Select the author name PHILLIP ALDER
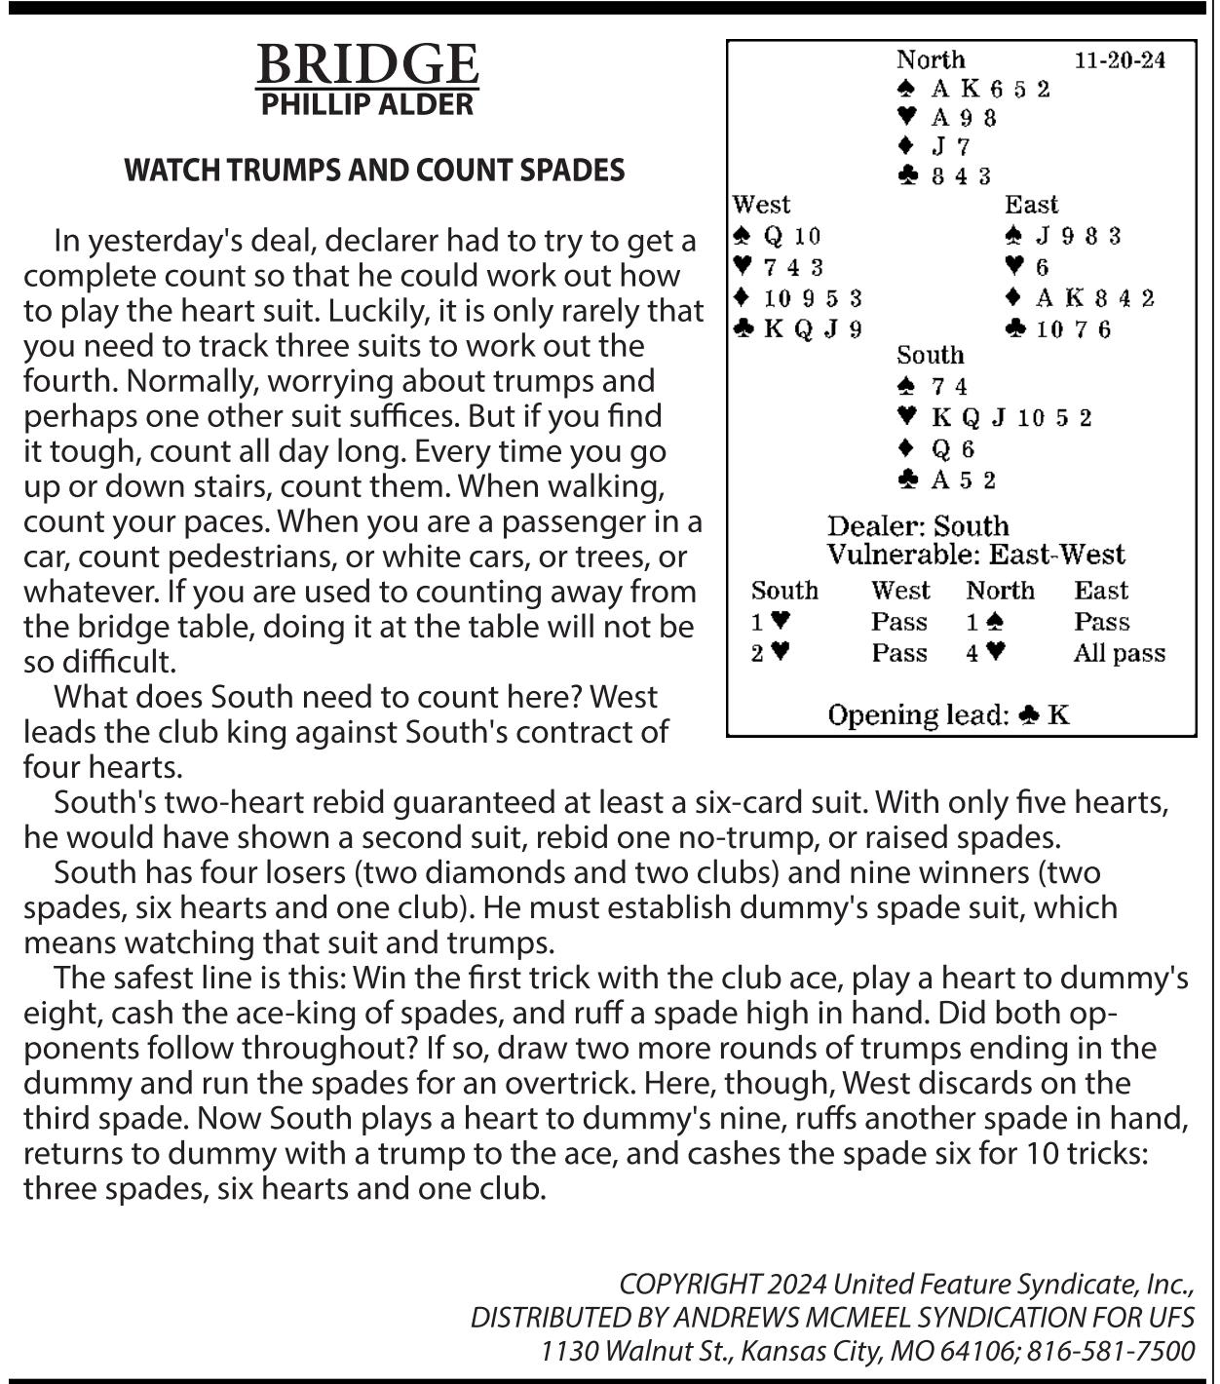pos(367,104)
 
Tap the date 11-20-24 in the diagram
pos(1120,60)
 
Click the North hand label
pos(931,60)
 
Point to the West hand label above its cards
pos(761,205)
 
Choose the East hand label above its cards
pos(1031,205)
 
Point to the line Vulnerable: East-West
pos(975,556)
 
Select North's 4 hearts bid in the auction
pos(985,653)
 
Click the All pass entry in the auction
pos(1119,653)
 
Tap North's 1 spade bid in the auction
pos(985,622)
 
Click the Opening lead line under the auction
pos(948,715)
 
